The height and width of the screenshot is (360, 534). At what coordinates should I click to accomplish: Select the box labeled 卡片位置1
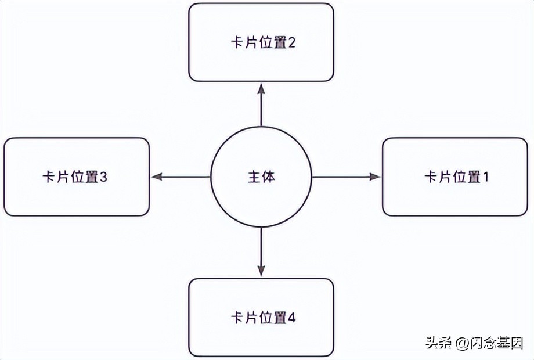click(x=455, y=177)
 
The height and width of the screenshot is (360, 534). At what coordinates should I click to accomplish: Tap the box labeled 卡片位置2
click(x=261, y=42)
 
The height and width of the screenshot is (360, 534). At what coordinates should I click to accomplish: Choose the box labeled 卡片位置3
click(x=77, y=177)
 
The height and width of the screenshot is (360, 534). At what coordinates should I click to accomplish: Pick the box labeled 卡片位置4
click(x=261, y=317)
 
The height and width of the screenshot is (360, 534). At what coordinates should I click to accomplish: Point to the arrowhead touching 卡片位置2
click(x=261, y=88)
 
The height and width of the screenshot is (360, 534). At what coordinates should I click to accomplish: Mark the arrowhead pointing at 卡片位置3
click(x=156, y=177)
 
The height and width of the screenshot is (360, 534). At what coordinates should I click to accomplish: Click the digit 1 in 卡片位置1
click(x=485, y=177)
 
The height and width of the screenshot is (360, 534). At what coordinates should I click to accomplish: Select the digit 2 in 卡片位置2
click(x=292, y=42)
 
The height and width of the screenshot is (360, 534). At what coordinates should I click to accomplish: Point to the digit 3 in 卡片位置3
click(x=103, y=177)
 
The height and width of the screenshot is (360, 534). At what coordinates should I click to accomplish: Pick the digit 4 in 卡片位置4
click(x=292, y=318)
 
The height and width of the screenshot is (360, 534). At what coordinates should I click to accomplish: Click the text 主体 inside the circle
click(x=261, y=177)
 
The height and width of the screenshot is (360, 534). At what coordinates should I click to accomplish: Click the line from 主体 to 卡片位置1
click(x=342, y=177)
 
